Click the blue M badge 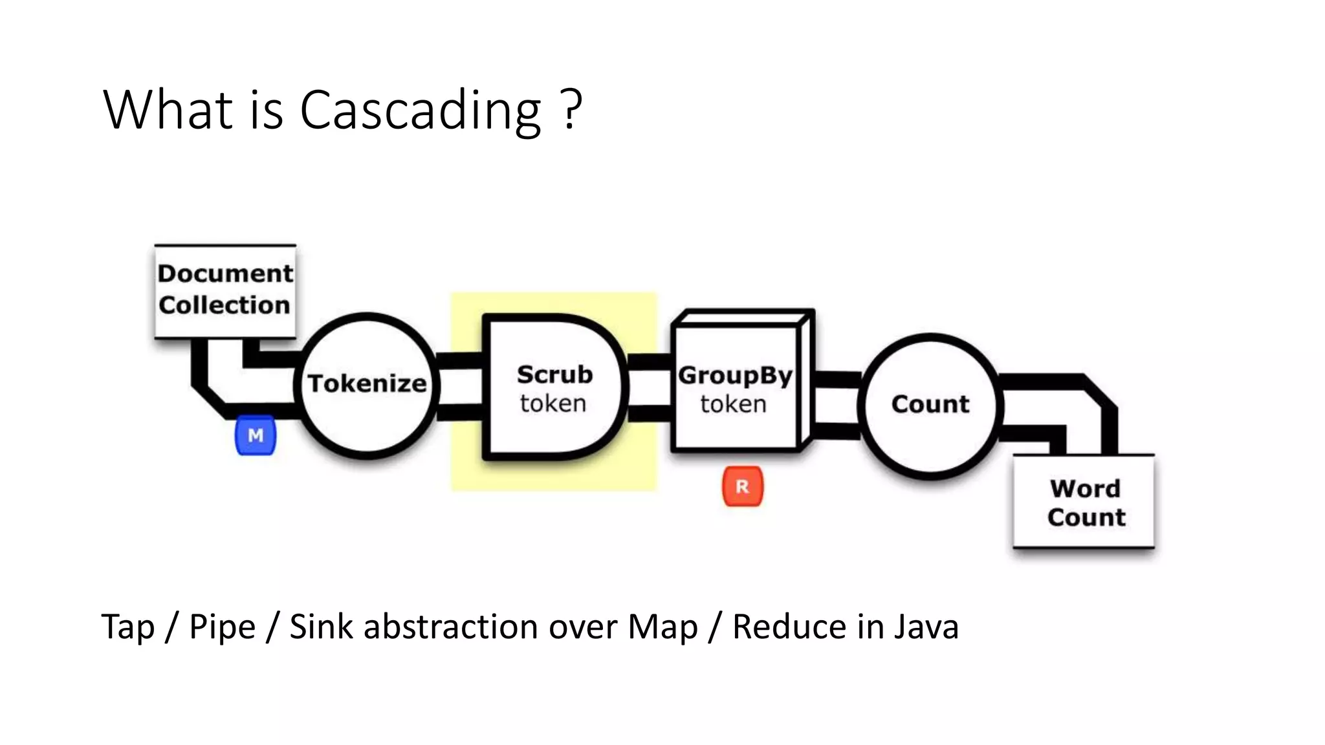tap(256, 435)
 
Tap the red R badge tap(743, 486)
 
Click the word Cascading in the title tap(421, 110)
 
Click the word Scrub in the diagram tap(554, 374)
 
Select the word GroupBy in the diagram tap(735, 376)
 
